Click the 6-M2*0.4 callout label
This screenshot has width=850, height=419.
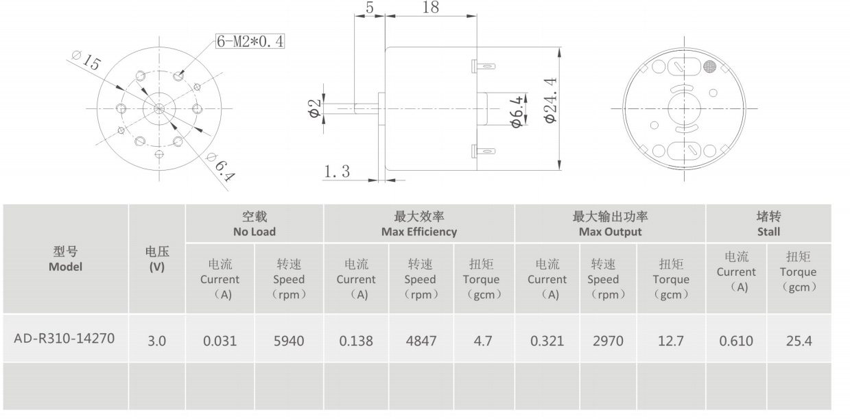(x=250, y=41)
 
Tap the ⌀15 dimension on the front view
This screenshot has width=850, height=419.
(x=86, y=61)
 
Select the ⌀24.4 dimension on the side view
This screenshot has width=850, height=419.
(x=550, y=100)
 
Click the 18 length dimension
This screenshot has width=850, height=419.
(x=431, y=8)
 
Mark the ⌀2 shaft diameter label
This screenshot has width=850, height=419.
(x=314, y=108)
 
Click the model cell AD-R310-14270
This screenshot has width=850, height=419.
(x=64, y=338)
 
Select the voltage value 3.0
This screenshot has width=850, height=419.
(x=157, y=340)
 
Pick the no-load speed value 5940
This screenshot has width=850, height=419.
(x=288, y=340)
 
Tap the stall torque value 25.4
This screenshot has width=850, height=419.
(x=798, y=340)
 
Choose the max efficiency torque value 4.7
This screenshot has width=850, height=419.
(x=483, y=340)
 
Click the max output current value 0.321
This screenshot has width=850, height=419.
(x=547, y=340)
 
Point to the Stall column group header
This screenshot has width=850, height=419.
(x=768, y=224)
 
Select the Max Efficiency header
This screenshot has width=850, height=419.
(x=418, y=224)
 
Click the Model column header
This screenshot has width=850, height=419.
(x=64, y=259)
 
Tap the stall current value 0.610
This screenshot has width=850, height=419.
(x=736, y=340)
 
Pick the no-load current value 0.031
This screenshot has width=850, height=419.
(x=220, y=340)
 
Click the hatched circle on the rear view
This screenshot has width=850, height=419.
(x=710, y=67)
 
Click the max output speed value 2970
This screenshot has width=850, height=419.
(x=607, y=340)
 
